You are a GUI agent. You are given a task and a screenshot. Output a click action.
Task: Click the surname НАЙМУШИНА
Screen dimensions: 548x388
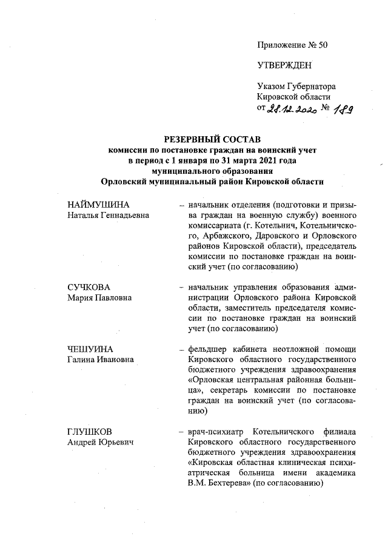99,206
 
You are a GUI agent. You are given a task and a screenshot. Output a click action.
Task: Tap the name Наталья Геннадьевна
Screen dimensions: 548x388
108,216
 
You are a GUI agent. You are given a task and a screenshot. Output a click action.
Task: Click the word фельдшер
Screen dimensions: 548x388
206,349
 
